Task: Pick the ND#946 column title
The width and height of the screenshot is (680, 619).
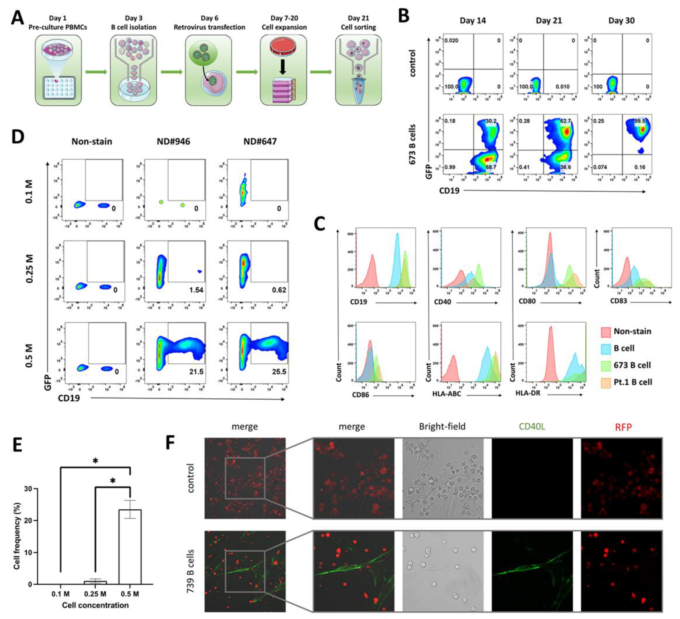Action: click(173, 141)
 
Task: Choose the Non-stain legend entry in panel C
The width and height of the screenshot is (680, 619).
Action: click(632, 331)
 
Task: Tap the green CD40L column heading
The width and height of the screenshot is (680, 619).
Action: click(532, 427)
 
